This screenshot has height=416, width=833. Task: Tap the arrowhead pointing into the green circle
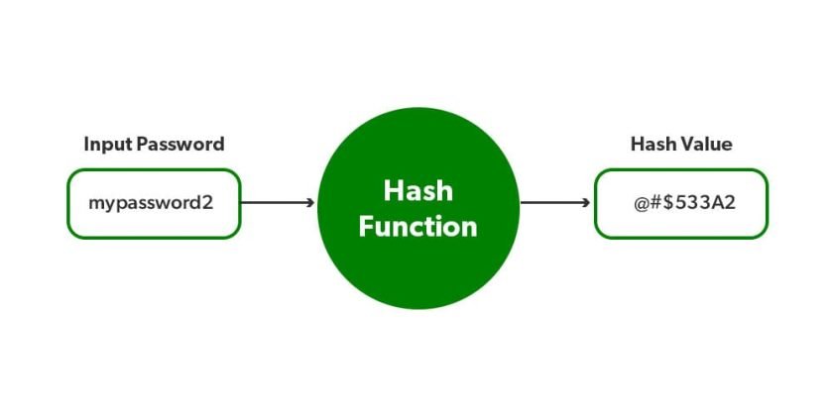pos(310,203)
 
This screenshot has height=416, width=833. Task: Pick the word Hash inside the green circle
pos(417,189)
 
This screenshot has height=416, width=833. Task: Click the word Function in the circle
pos(417,227)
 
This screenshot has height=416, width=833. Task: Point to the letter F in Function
pos(366,227)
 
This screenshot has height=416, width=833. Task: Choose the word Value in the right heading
pos(708,145)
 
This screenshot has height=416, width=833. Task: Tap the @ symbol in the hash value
pos(641,204)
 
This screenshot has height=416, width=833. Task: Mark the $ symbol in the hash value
pos(669,204)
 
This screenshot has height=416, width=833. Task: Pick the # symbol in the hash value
pos(655,204)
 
